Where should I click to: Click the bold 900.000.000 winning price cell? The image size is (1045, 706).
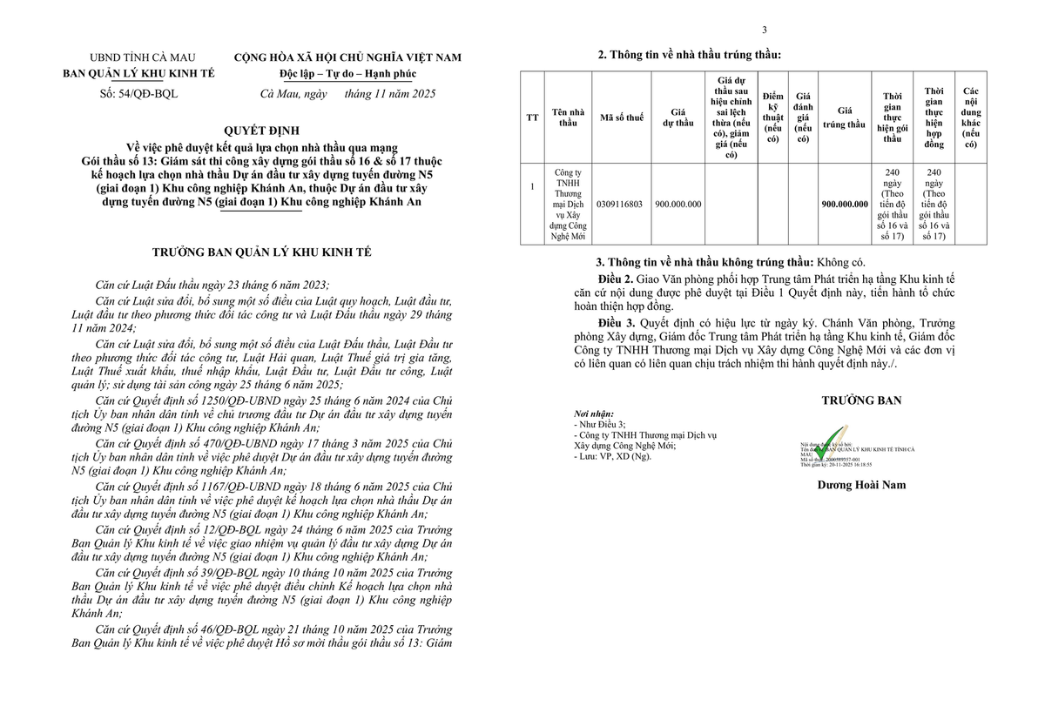pyautogui.click(x=845, y=204)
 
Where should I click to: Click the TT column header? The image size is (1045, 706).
pyautogui.click(x=532, y=118)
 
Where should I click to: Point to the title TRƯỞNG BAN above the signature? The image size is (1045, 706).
pyautogui.click(x=861, y=400)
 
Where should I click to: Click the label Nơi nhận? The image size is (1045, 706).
pyautogui.click(x=594, y=414)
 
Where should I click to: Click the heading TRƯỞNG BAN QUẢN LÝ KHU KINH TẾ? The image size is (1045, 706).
pyautogui.click(x=261, y=252)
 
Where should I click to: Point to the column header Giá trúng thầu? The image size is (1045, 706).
pyautogui.click(x=845, y=118)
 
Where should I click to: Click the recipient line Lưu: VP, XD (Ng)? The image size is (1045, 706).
pyautogui.click(x=613, y=455)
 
